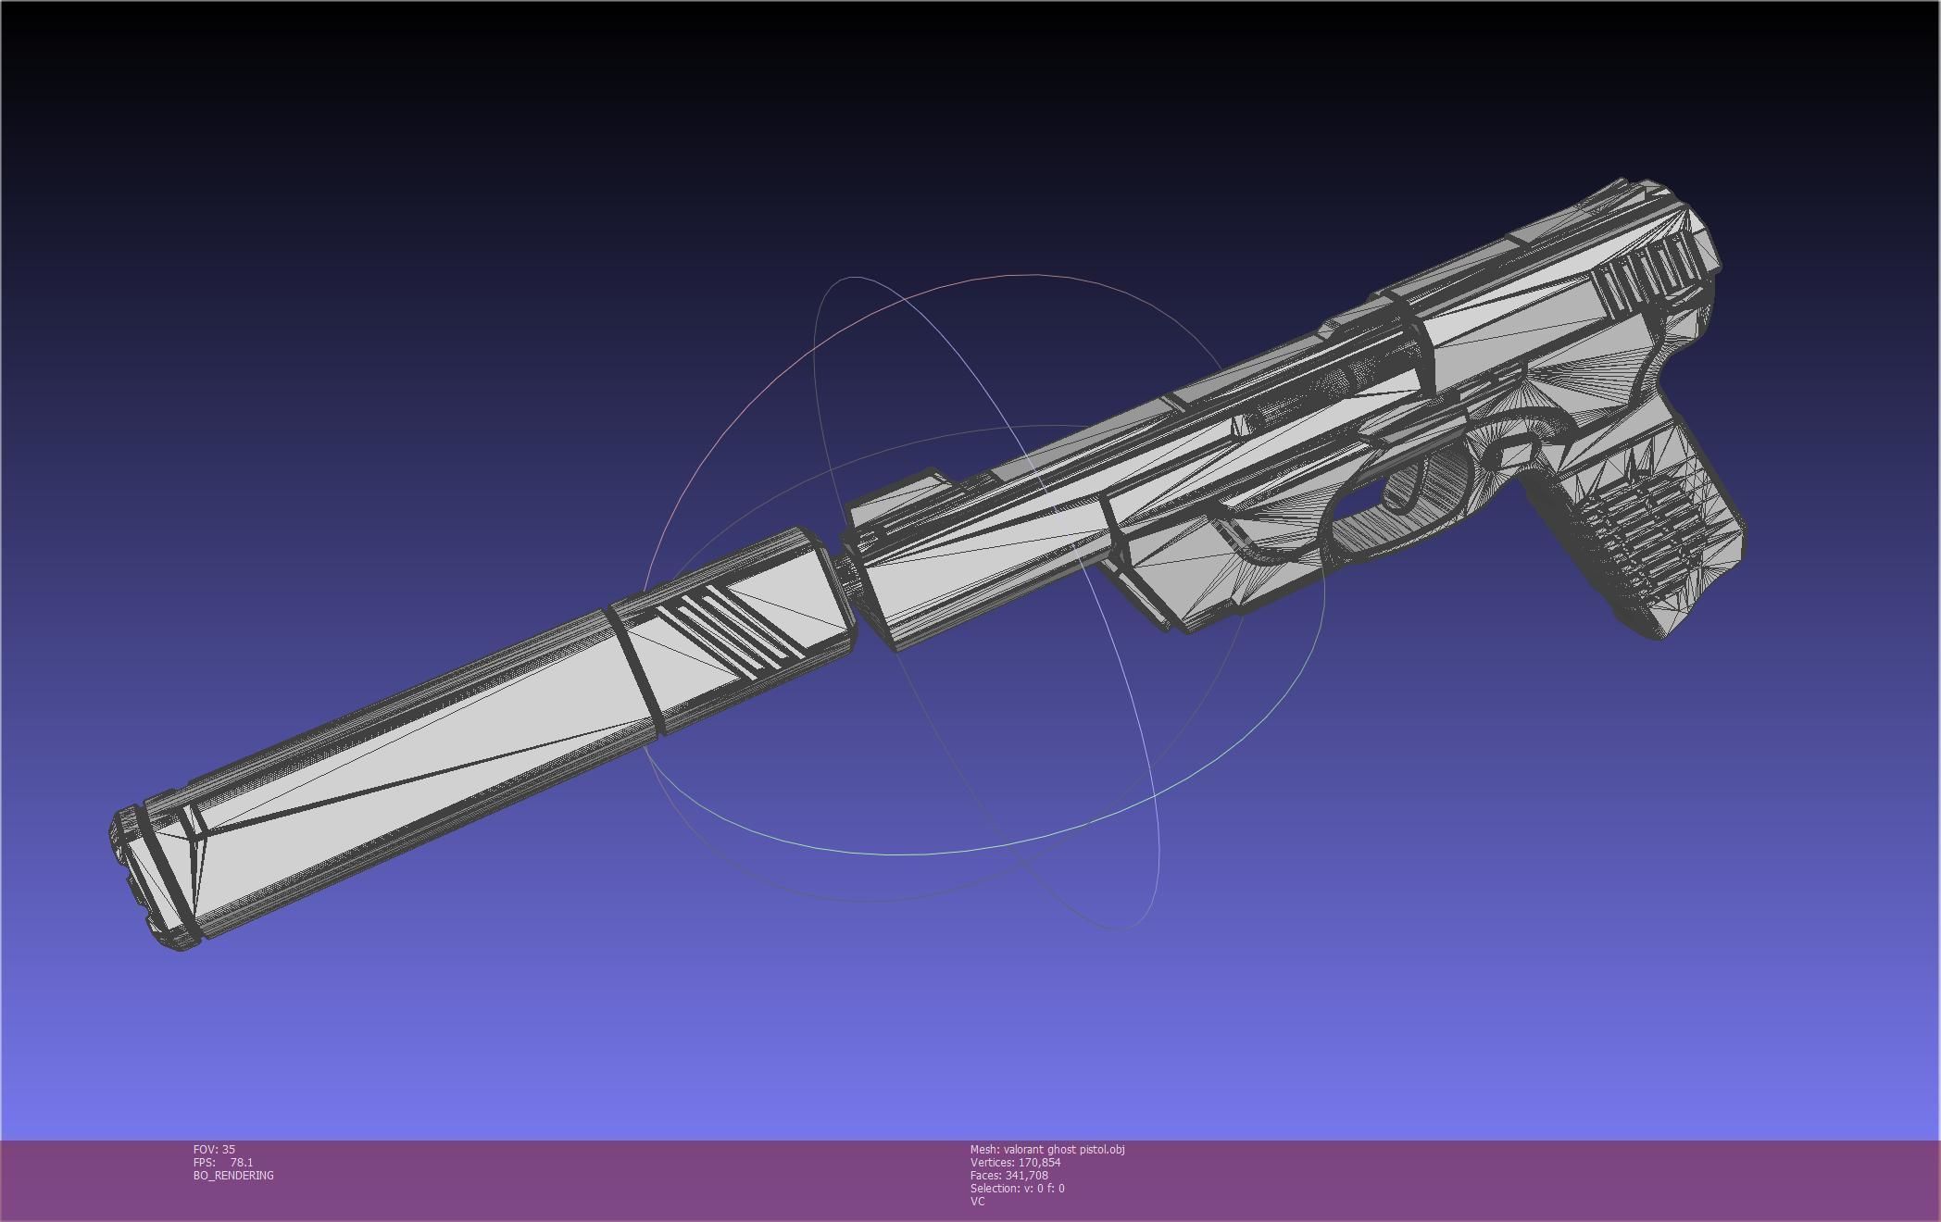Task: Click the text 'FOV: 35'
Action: click(214, 1149)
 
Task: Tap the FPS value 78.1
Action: click(241, 1162)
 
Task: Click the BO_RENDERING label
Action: click(233, 1175)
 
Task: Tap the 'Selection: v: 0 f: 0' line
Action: click(1017, 1188)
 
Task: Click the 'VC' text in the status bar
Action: click(977, 1201)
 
